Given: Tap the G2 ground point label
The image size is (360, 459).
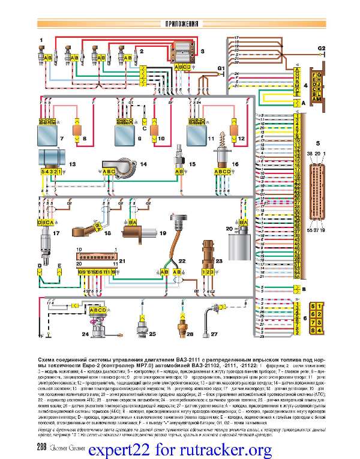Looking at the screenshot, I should [322, 47].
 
